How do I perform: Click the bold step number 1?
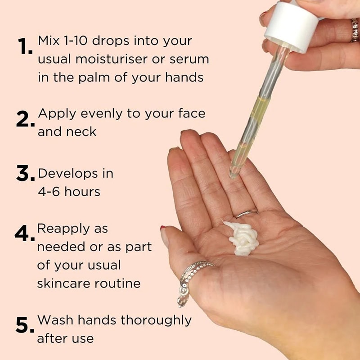pyautogui.click(x=25, y=46)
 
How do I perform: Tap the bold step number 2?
pyautogui.click(x=26, y=119)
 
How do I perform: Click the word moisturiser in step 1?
pyautogui.click(x=112, y=59)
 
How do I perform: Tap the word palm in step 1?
pyautogui.click(x=94, y=77)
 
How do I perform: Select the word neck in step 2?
pyautogui.click(x=81, y=131)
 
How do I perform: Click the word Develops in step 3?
pyautogui.click(x=68, y=174)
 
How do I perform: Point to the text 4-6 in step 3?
pyautogui.click(x=49, y=192)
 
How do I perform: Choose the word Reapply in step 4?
pyautogui.click(x=63, y=229)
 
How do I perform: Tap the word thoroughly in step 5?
pyautogui.click(x=156, y=320)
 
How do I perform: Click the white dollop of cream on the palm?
pyautogui.click(x=242, y=238)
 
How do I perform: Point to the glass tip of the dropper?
pyautogui.click(x=234, y=174)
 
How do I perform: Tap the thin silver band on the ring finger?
pyautogui.click(x=247, y=213)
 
